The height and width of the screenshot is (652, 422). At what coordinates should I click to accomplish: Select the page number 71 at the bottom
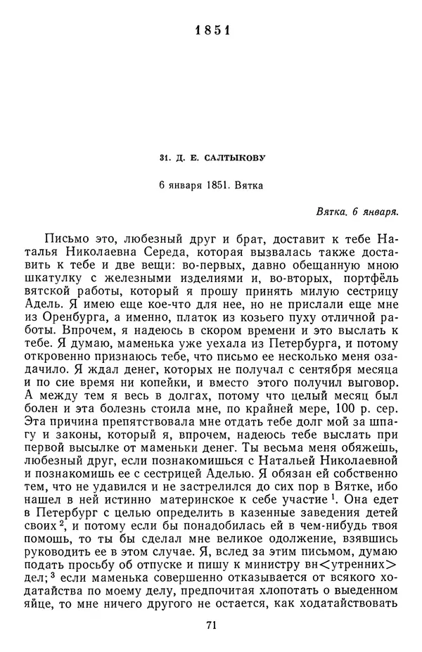210,623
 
